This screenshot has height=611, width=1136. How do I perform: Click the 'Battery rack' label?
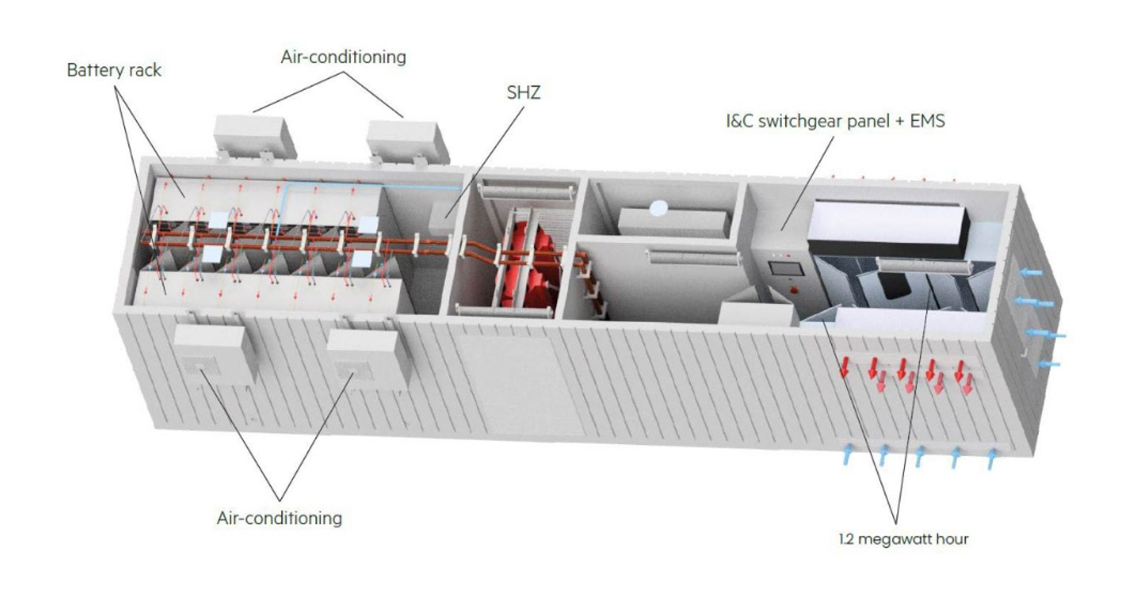[x=114, y=70]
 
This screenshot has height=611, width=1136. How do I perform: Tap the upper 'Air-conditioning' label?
[x=344, y=57]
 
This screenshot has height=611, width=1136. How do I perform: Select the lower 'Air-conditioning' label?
[x=280, y=518]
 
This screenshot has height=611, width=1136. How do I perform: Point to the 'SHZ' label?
[x=523, y=93]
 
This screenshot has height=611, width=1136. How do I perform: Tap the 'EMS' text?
[x=927, y=121]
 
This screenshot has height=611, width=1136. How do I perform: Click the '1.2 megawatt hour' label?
[x=904, y=539]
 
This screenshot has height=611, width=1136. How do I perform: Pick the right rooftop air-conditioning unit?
[x=407, y=143]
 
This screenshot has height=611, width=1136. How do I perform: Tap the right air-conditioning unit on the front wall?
[x=369, y=359]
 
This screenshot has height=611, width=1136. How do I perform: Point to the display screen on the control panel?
[x=786, y=268]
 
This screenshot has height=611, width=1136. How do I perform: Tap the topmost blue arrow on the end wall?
[x=1031, y=273]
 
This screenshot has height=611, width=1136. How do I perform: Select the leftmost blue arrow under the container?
[x=847, y=454]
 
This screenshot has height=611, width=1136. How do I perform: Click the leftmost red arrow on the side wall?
[x=844, y=367]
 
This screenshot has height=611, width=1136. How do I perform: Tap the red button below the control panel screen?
[x=794, y=290]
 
